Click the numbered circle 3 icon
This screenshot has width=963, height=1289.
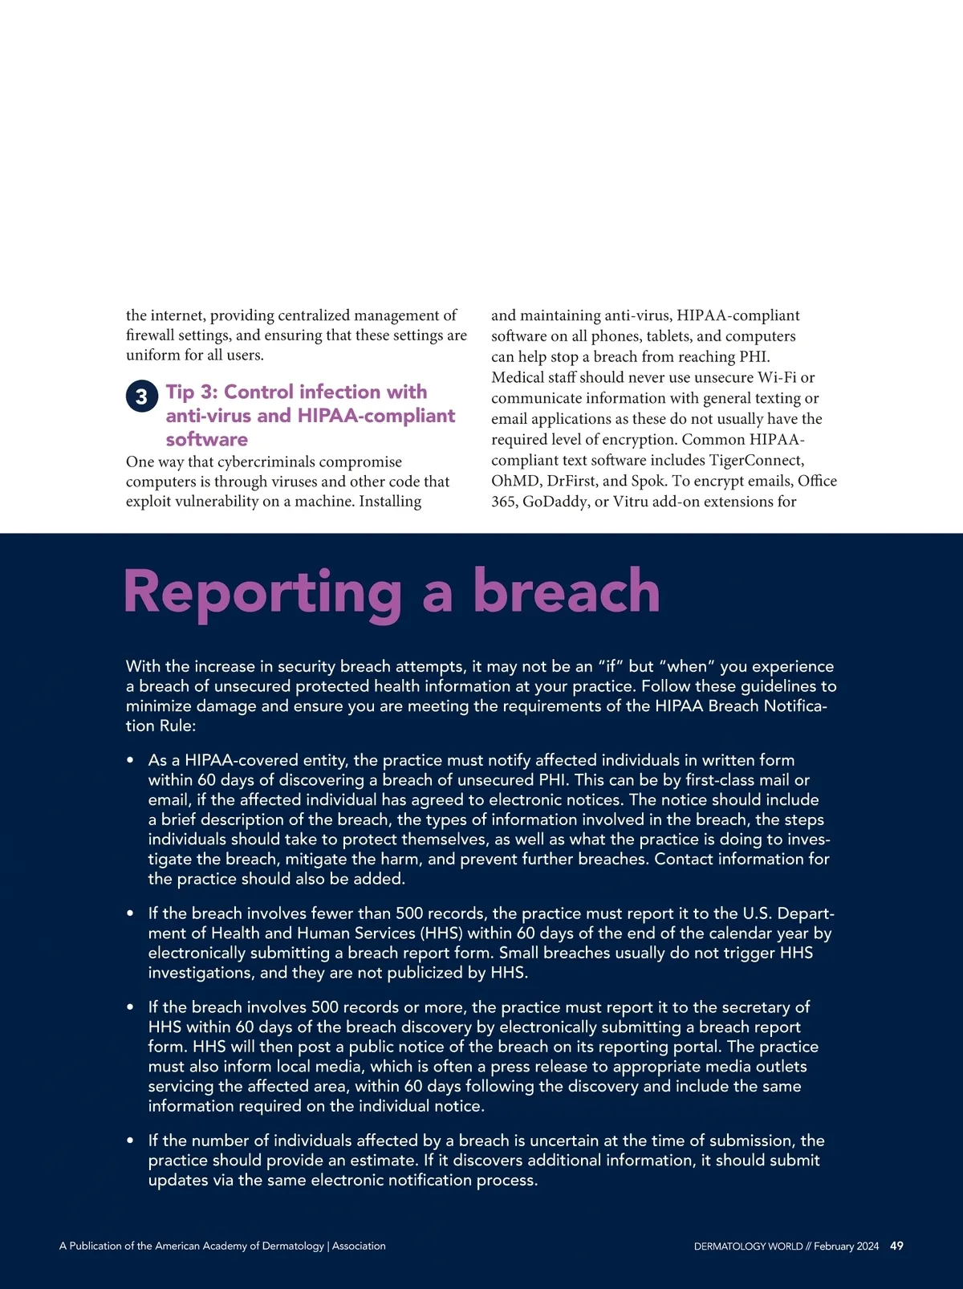point(141,396)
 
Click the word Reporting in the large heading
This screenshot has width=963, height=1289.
point(262,592)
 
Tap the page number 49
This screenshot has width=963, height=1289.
point(896,1246)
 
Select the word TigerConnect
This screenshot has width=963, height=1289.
point(756,460)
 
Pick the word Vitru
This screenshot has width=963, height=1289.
point(633,502)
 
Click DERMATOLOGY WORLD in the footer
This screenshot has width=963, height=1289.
point(748,1246)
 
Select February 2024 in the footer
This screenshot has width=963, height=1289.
point(846,1246)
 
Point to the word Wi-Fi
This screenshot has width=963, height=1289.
point(776,377)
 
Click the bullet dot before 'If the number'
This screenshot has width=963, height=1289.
point(130,1141)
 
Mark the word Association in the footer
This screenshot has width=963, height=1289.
point(359,1246)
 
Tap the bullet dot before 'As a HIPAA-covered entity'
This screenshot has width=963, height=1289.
point(130,760)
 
